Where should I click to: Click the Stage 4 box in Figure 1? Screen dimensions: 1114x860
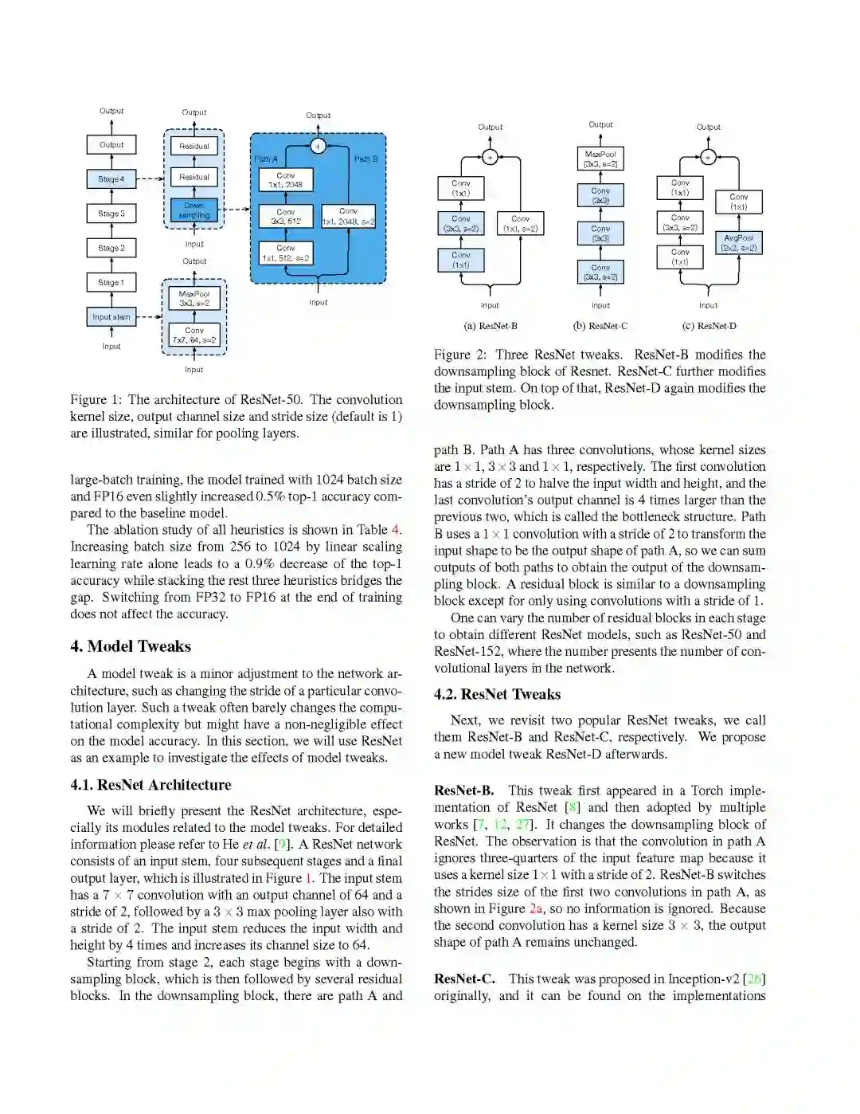point(111,178)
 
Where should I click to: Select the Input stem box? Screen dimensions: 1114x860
point(111,316)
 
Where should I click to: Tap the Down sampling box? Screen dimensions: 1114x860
point(194,210)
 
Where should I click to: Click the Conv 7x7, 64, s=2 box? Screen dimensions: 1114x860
point(194,335)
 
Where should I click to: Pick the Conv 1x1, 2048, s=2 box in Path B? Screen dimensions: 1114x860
point(348,217)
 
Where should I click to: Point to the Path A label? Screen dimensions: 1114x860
point(266,159)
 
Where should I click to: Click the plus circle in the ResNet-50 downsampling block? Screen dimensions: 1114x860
point(318,146)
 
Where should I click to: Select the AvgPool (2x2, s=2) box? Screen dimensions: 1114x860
point(739,243)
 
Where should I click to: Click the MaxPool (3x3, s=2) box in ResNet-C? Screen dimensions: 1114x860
point(600,159)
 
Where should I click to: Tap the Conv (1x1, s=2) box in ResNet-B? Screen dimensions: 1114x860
point(521,223)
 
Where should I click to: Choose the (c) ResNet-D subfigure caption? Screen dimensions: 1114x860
point(709,326)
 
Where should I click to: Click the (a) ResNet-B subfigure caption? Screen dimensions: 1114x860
point(491,326)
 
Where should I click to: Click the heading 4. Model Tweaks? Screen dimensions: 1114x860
point(131,646)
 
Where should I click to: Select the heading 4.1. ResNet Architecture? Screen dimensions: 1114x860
point(150,785)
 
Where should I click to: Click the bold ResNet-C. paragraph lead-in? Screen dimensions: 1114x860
point(464,979)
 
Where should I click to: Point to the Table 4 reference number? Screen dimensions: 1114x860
point(395,530)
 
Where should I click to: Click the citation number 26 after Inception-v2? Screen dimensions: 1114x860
point(752,979)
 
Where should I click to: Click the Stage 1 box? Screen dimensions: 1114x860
point(111,282)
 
